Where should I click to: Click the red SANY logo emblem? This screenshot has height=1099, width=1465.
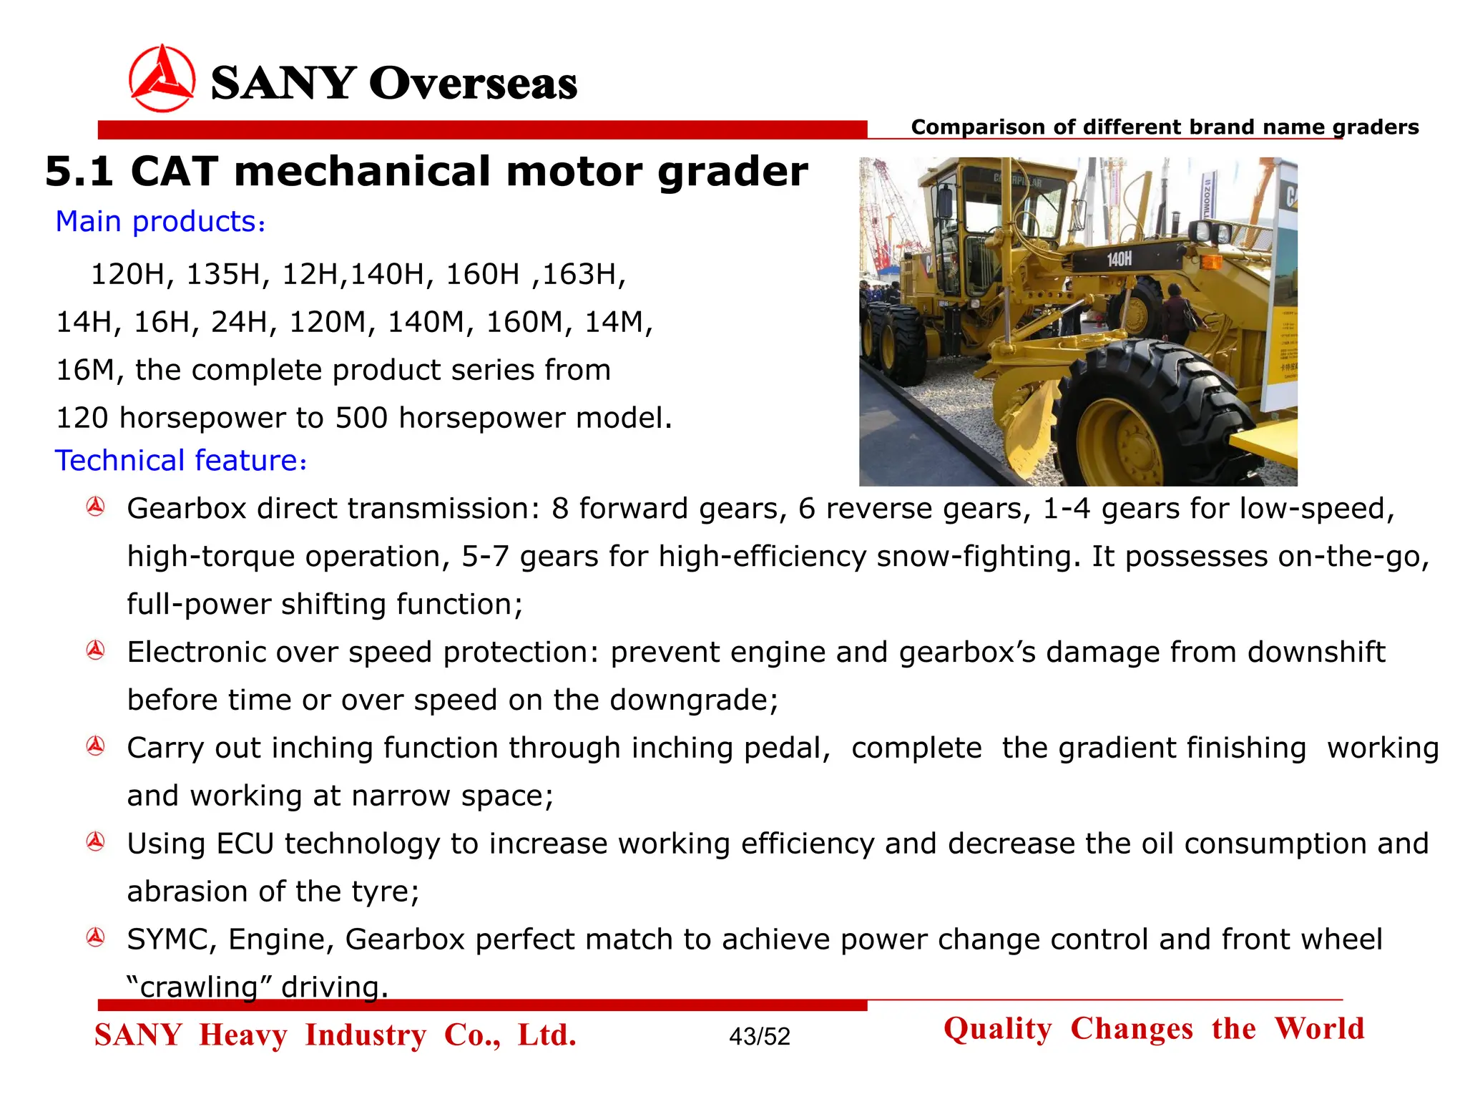162,79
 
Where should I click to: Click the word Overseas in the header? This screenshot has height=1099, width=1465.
473,83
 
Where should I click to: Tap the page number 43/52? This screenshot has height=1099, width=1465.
760,1036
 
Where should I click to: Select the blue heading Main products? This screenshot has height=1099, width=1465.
160,222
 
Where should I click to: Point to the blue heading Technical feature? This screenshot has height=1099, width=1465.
180,461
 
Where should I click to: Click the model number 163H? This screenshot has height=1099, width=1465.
584,274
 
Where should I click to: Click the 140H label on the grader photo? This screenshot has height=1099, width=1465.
1119,259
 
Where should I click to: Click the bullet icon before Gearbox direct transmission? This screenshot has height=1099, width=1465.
96,507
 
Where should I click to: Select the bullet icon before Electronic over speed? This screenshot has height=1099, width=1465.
96,650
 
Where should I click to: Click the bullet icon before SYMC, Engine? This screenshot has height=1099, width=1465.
96,937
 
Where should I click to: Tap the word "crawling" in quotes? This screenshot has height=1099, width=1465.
199,987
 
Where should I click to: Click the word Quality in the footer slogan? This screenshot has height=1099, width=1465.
998,1029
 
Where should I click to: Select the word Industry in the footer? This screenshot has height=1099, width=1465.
366,1035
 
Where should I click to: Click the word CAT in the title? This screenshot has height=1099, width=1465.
174,172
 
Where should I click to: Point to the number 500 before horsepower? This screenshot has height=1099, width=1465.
362,418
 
